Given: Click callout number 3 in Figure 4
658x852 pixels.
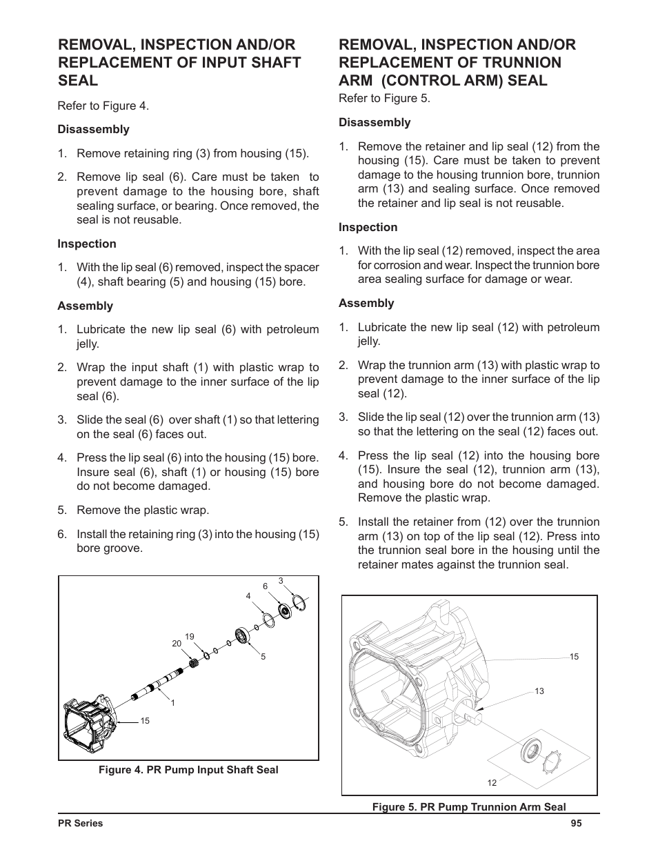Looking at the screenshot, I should tap(281, 581).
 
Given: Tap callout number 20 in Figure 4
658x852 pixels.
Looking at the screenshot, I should tap(177, 643).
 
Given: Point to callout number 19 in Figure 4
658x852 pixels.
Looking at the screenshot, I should tap(190, 636).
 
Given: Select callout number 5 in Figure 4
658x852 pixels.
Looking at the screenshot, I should tap(263, 657).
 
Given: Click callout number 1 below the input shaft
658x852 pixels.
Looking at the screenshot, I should tap(172, 702).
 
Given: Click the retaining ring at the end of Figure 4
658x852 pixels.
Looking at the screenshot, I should tap(298, 605).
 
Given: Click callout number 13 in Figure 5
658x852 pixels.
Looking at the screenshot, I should tap(539, 691).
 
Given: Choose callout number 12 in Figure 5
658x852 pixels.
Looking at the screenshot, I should tap(492, 782).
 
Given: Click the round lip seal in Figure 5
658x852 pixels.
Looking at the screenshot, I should tap(529, 749).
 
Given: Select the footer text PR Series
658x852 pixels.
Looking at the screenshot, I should tap(80, 823).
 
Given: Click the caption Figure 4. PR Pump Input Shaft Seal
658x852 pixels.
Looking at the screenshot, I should tap(188, 770).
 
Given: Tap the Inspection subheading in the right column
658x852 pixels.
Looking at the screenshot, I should tap(368, 227).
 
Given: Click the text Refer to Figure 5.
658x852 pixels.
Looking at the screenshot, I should tap(384, 98).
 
